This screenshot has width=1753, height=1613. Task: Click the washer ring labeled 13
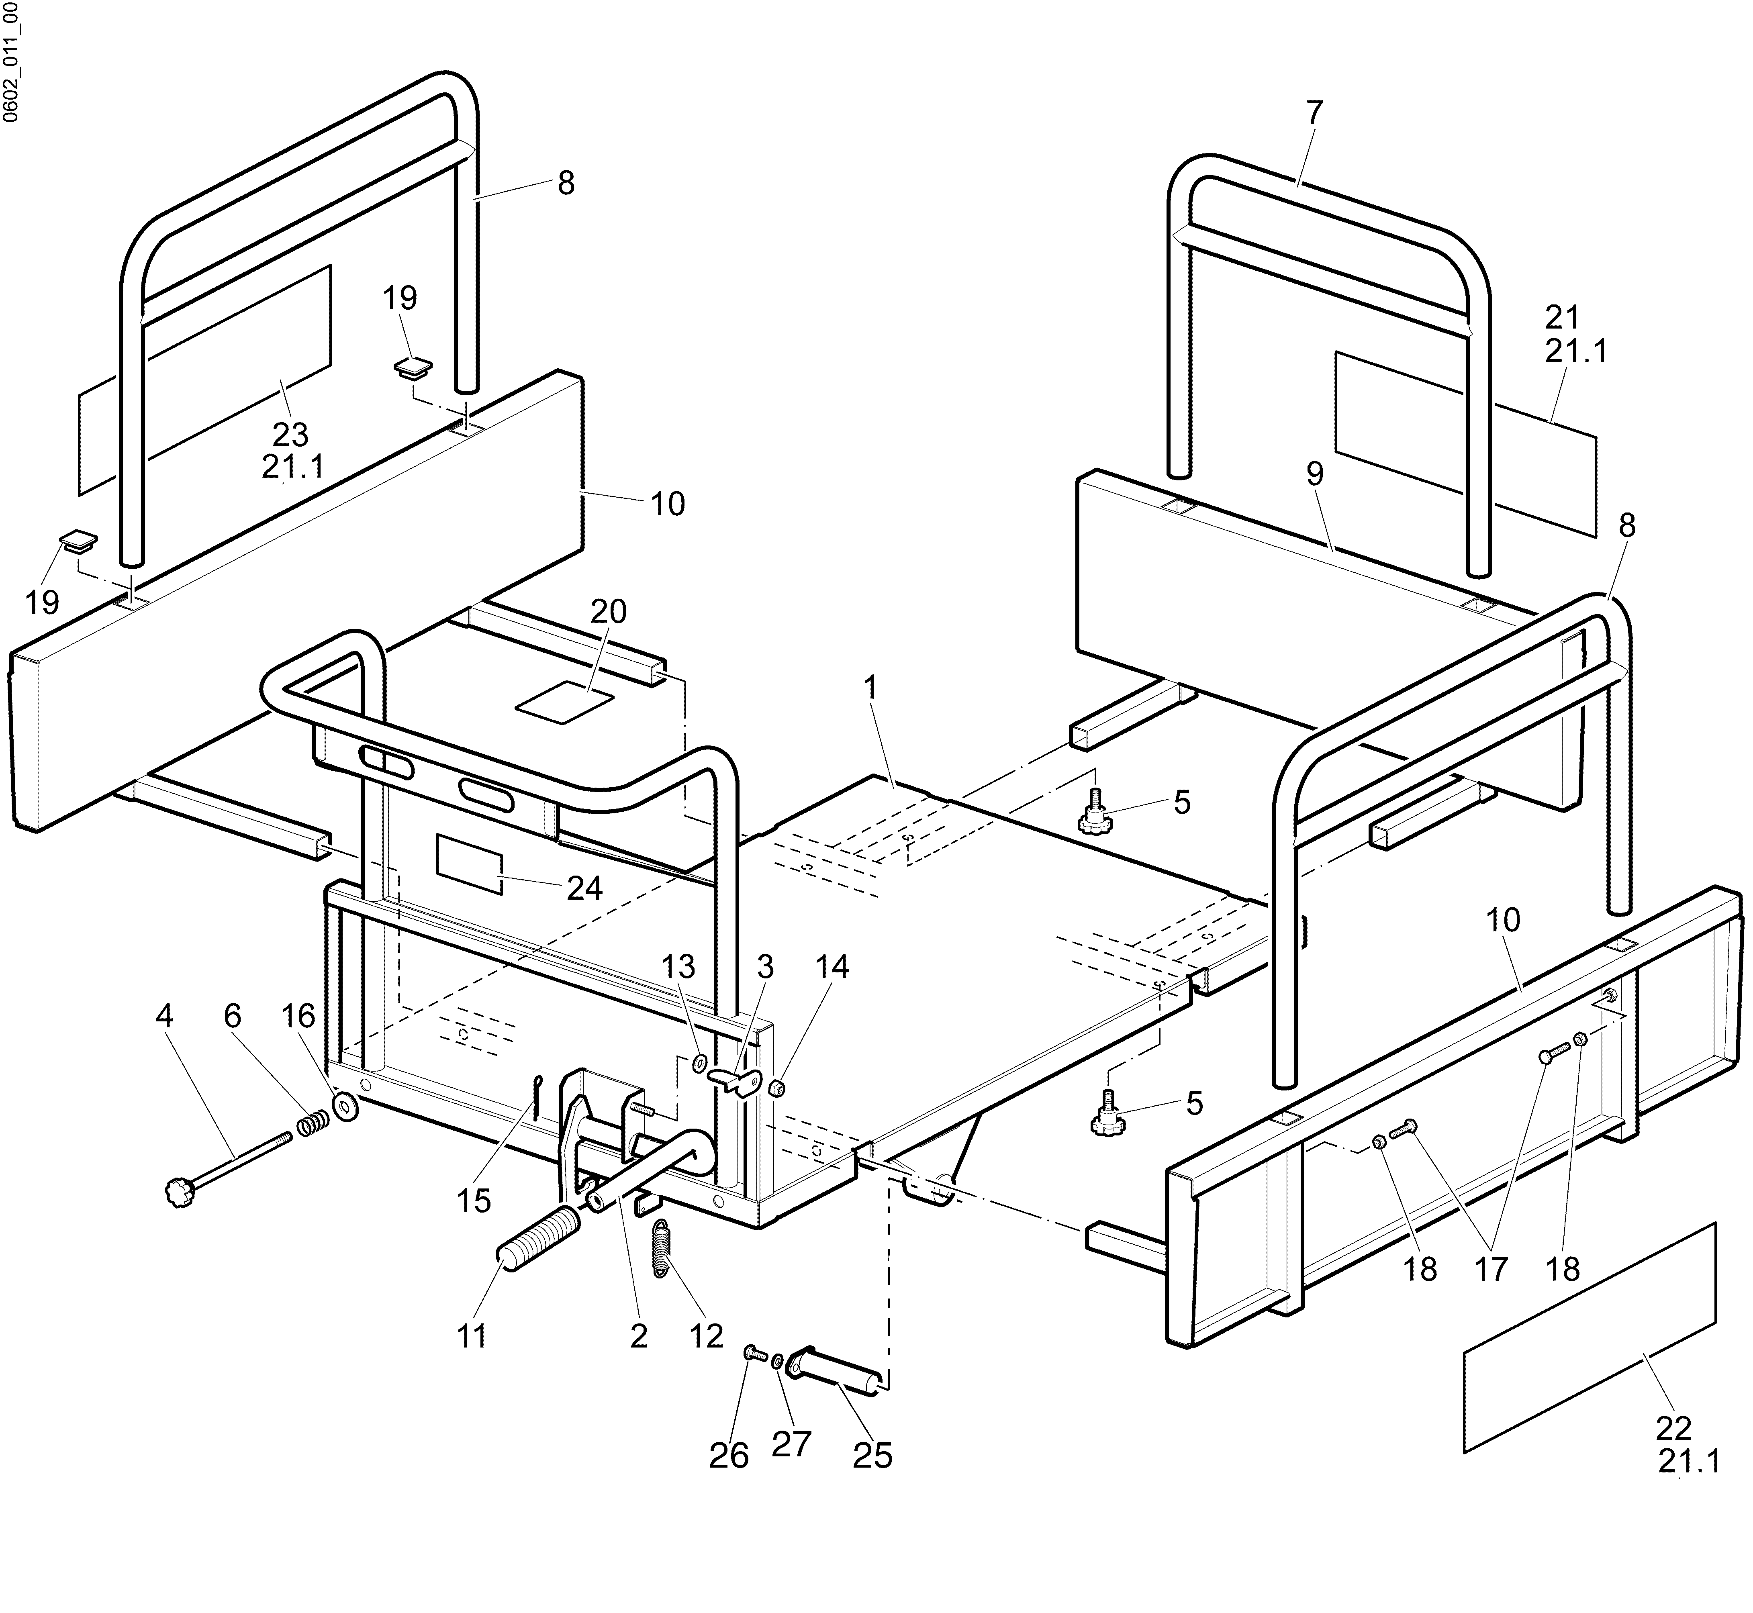click(x=699, y=1063)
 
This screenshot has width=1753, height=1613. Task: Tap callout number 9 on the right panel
click(x=1315, y=474)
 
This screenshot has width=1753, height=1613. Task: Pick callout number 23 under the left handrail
click(x=291, y=434)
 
